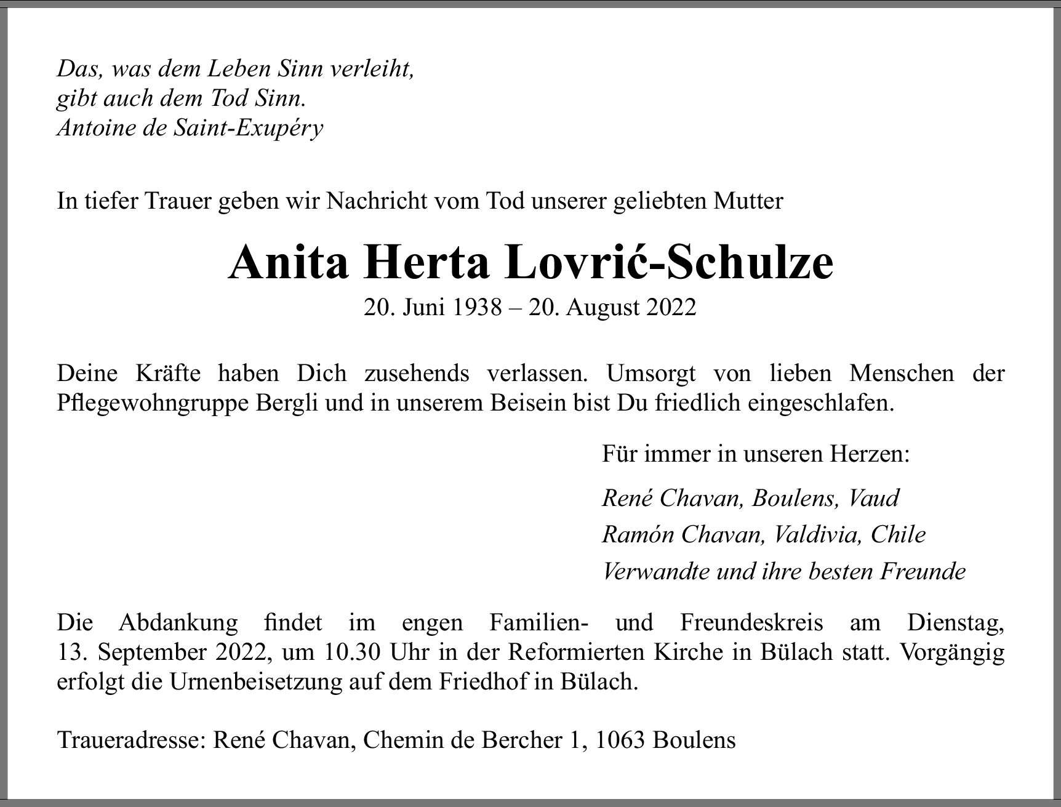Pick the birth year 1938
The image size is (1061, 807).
tap(477, 307)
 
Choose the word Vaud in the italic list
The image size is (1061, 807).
tap(874, 497)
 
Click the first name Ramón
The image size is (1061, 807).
tap(638, 534)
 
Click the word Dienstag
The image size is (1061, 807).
tap(956, 622)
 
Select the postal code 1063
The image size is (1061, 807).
tap(621, 739)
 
